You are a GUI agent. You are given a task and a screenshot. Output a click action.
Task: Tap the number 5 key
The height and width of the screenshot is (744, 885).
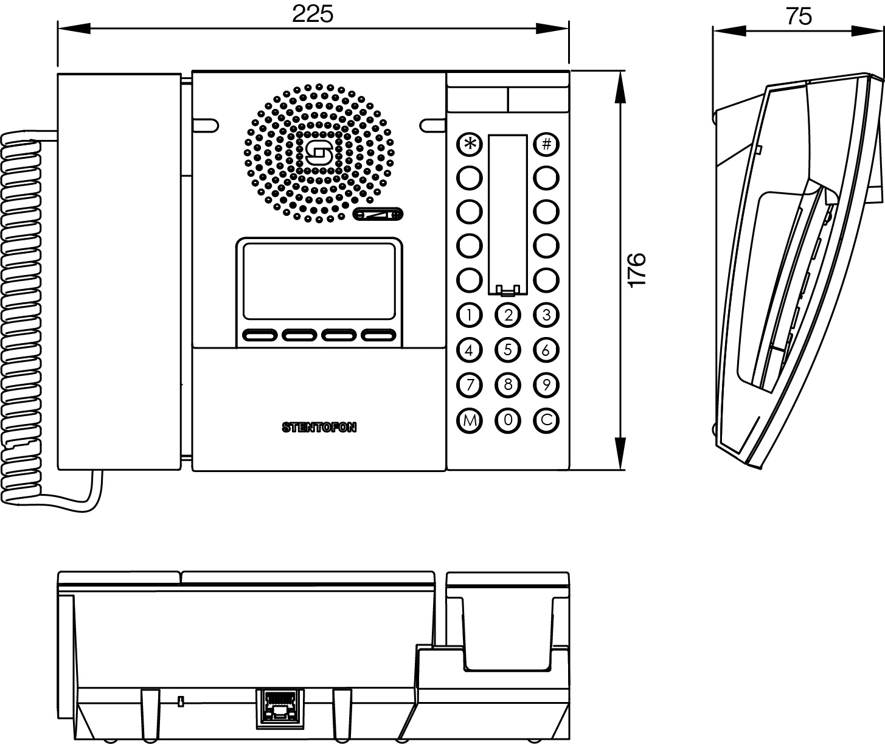[508, 350]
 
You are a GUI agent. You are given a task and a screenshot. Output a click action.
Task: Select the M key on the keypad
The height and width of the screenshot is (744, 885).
[469, 420]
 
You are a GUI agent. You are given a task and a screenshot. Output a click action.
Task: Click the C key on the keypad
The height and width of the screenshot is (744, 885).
[546, 420]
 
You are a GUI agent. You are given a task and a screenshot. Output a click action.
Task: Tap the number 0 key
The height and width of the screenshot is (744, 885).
[508, 420]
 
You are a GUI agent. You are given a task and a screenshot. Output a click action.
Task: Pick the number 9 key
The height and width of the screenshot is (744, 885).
[546, 385]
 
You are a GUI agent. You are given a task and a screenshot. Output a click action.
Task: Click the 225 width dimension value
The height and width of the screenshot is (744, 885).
[313, 14]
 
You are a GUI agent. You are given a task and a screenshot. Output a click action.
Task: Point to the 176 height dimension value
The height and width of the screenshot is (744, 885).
[636, 269]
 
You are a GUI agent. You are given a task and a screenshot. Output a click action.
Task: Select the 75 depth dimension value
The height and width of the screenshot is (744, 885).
[798, 16]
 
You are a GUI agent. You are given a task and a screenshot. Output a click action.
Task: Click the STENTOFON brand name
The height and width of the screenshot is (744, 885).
[319, 428]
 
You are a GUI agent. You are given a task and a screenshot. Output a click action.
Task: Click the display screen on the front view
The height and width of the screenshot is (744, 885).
[319, 280]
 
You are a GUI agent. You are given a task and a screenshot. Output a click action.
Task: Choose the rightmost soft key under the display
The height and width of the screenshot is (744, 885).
[378, 335]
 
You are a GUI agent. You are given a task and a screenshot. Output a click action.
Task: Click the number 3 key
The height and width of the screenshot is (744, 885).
[546, 315]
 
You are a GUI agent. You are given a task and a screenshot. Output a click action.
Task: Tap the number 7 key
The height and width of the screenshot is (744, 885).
[469, 385]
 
